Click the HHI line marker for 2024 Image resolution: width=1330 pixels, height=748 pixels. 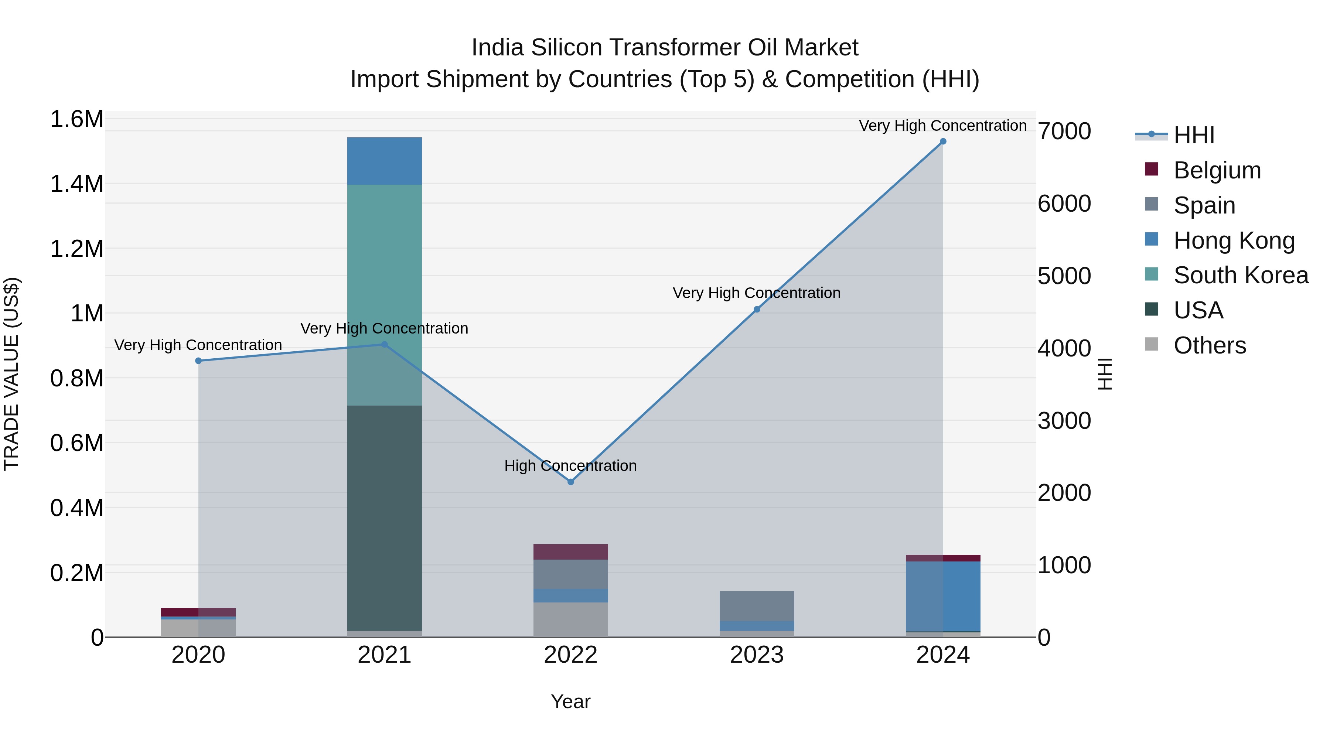point(943,141)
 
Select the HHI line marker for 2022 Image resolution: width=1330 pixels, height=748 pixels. point(570,482)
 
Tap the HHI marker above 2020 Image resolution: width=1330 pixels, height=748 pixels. point(198,361)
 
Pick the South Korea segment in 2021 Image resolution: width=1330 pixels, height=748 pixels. point(384,294)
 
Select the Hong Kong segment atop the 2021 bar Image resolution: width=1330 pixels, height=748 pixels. point(384,161)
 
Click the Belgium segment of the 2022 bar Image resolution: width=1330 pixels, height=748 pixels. point(570,552)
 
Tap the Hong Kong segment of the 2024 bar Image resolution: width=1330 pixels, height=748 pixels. point(943,596)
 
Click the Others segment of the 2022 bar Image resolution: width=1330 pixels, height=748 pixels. point(570,619)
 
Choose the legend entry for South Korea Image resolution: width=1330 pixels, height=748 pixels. point(1241,275)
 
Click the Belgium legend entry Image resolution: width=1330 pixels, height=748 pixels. point(1217,170)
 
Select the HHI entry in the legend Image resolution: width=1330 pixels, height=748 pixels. point(1194,135)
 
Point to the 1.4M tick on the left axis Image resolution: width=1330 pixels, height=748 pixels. point(76,184)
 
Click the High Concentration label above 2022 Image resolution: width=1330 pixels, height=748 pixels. point(570,466)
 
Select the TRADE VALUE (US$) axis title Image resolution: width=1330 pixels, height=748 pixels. point(11,374)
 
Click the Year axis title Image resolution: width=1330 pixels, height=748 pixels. point(570,701)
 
